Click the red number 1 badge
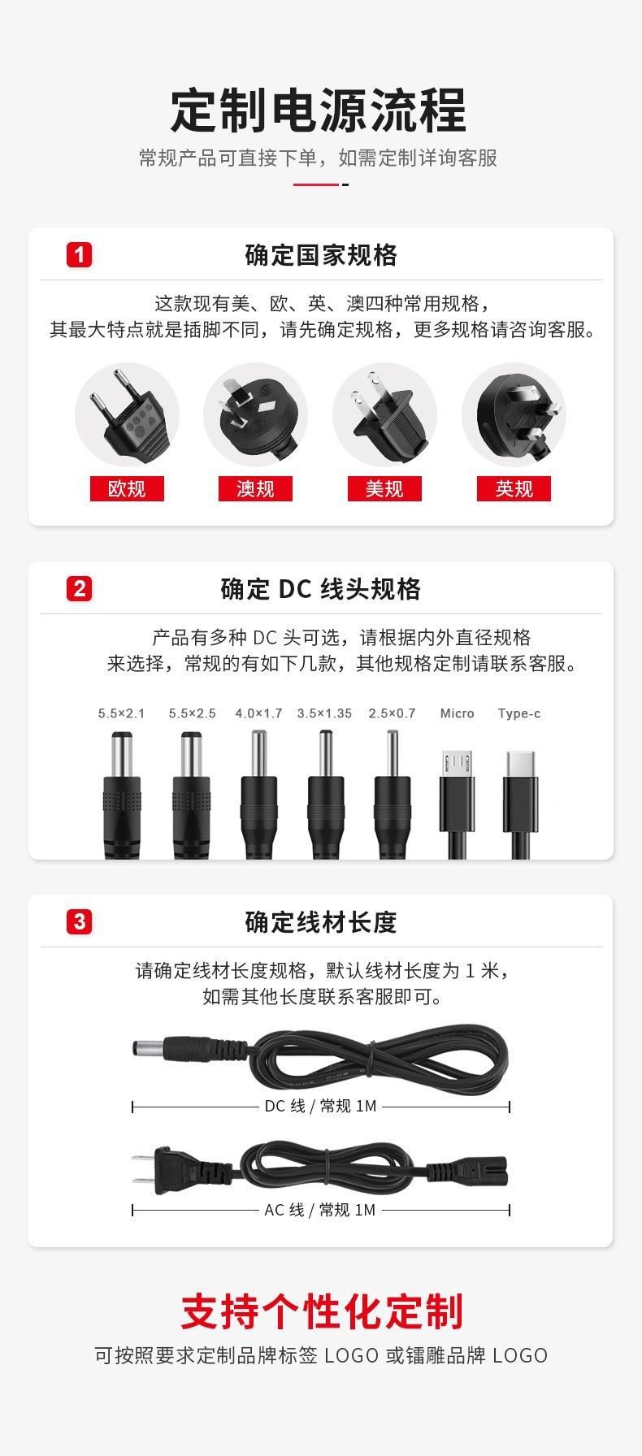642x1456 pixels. pyautogui.click(x=79, y=255)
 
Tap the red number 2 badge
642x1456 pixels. pyautogui.click(x=79, y=588)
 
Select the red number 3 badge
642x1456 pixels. pyautogui.click(x=79, y=922)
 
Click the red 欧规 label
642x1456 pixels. pyautogui.click(x=127, y=488)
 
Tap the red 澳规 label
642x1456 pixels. pyautogui.click(x=255, y=488)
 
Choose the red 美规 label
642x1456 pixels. pyautogui.click(x=384, y=488)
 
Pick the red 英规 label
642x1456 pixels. pyautogui.click(x=514, y=488)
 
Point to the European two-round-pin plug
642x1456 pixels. pyautogui.click(x=128, y=414)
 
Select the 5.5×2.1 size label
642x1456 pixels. pyautogui.click(x=121, y=713)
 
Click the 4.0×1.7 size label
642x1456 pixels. pyautogui.click(x=258, y=713)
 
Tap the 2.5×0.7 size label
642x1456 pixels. pyautogui.click(x=392, y=713)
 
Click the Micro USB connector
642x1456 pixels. pyautogui.click(x=456, y=800)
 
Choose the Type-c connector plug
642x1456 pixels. pyautogui.click(x=520, y=800)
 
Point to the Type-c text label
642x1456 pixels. pyautogui.click(x=519, y=713)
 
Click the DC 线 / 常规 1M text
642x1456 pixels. pyautogui.click(x=320, y=1106)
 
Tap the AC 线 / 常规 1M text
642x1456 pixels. pyautogui.click(x=319, y=1210)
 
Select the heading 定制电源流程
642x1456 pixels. pyautogui.click(x=319, y=110)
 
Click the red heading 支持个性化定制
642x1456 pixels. pyautogui.click(x=321, y=1311)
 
